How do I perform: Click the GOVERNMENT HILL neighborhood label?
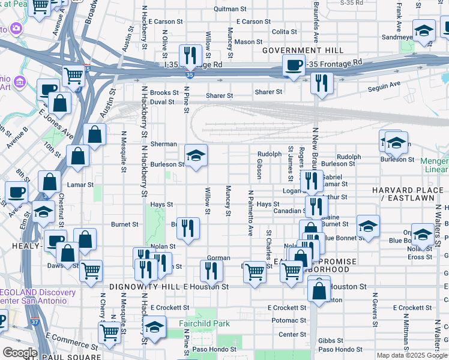(302, 50)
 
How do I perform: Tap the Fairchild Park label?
(204, 323)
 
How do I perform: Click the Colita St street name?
(284, 31)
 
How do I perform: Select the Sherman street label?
(163, 144)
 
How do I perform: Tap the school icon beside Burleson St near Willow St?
(196, 156)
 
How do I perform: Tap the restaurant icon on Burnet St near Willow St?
(188, 228)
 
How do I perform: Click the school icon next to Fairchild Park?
(155, 327)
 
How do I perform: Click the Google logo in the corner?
(20, 353)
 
